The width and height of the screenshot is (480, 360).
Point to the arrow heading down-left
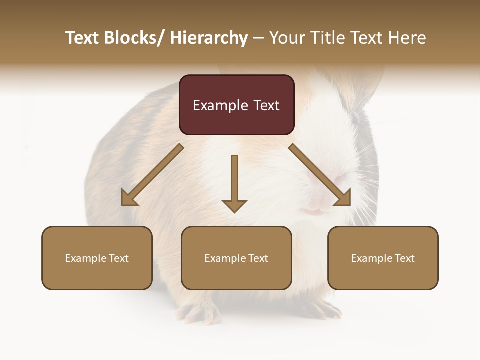[x=152, y=175]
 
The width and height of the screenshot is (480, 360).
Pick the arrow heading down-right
[x=320, y=175]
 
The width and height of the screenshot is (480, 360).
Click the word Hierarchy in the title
[x=209, y=38]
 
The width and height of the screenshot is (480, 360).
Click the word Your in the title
[x=286, y=38]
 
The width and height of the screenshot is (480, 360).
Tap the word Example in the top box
[x=220, y=105]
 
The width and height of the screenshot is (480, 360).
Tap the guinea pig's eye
[x=356, y=118]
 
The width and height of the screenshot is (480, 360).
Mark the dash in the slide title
[x=258, y=38]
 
